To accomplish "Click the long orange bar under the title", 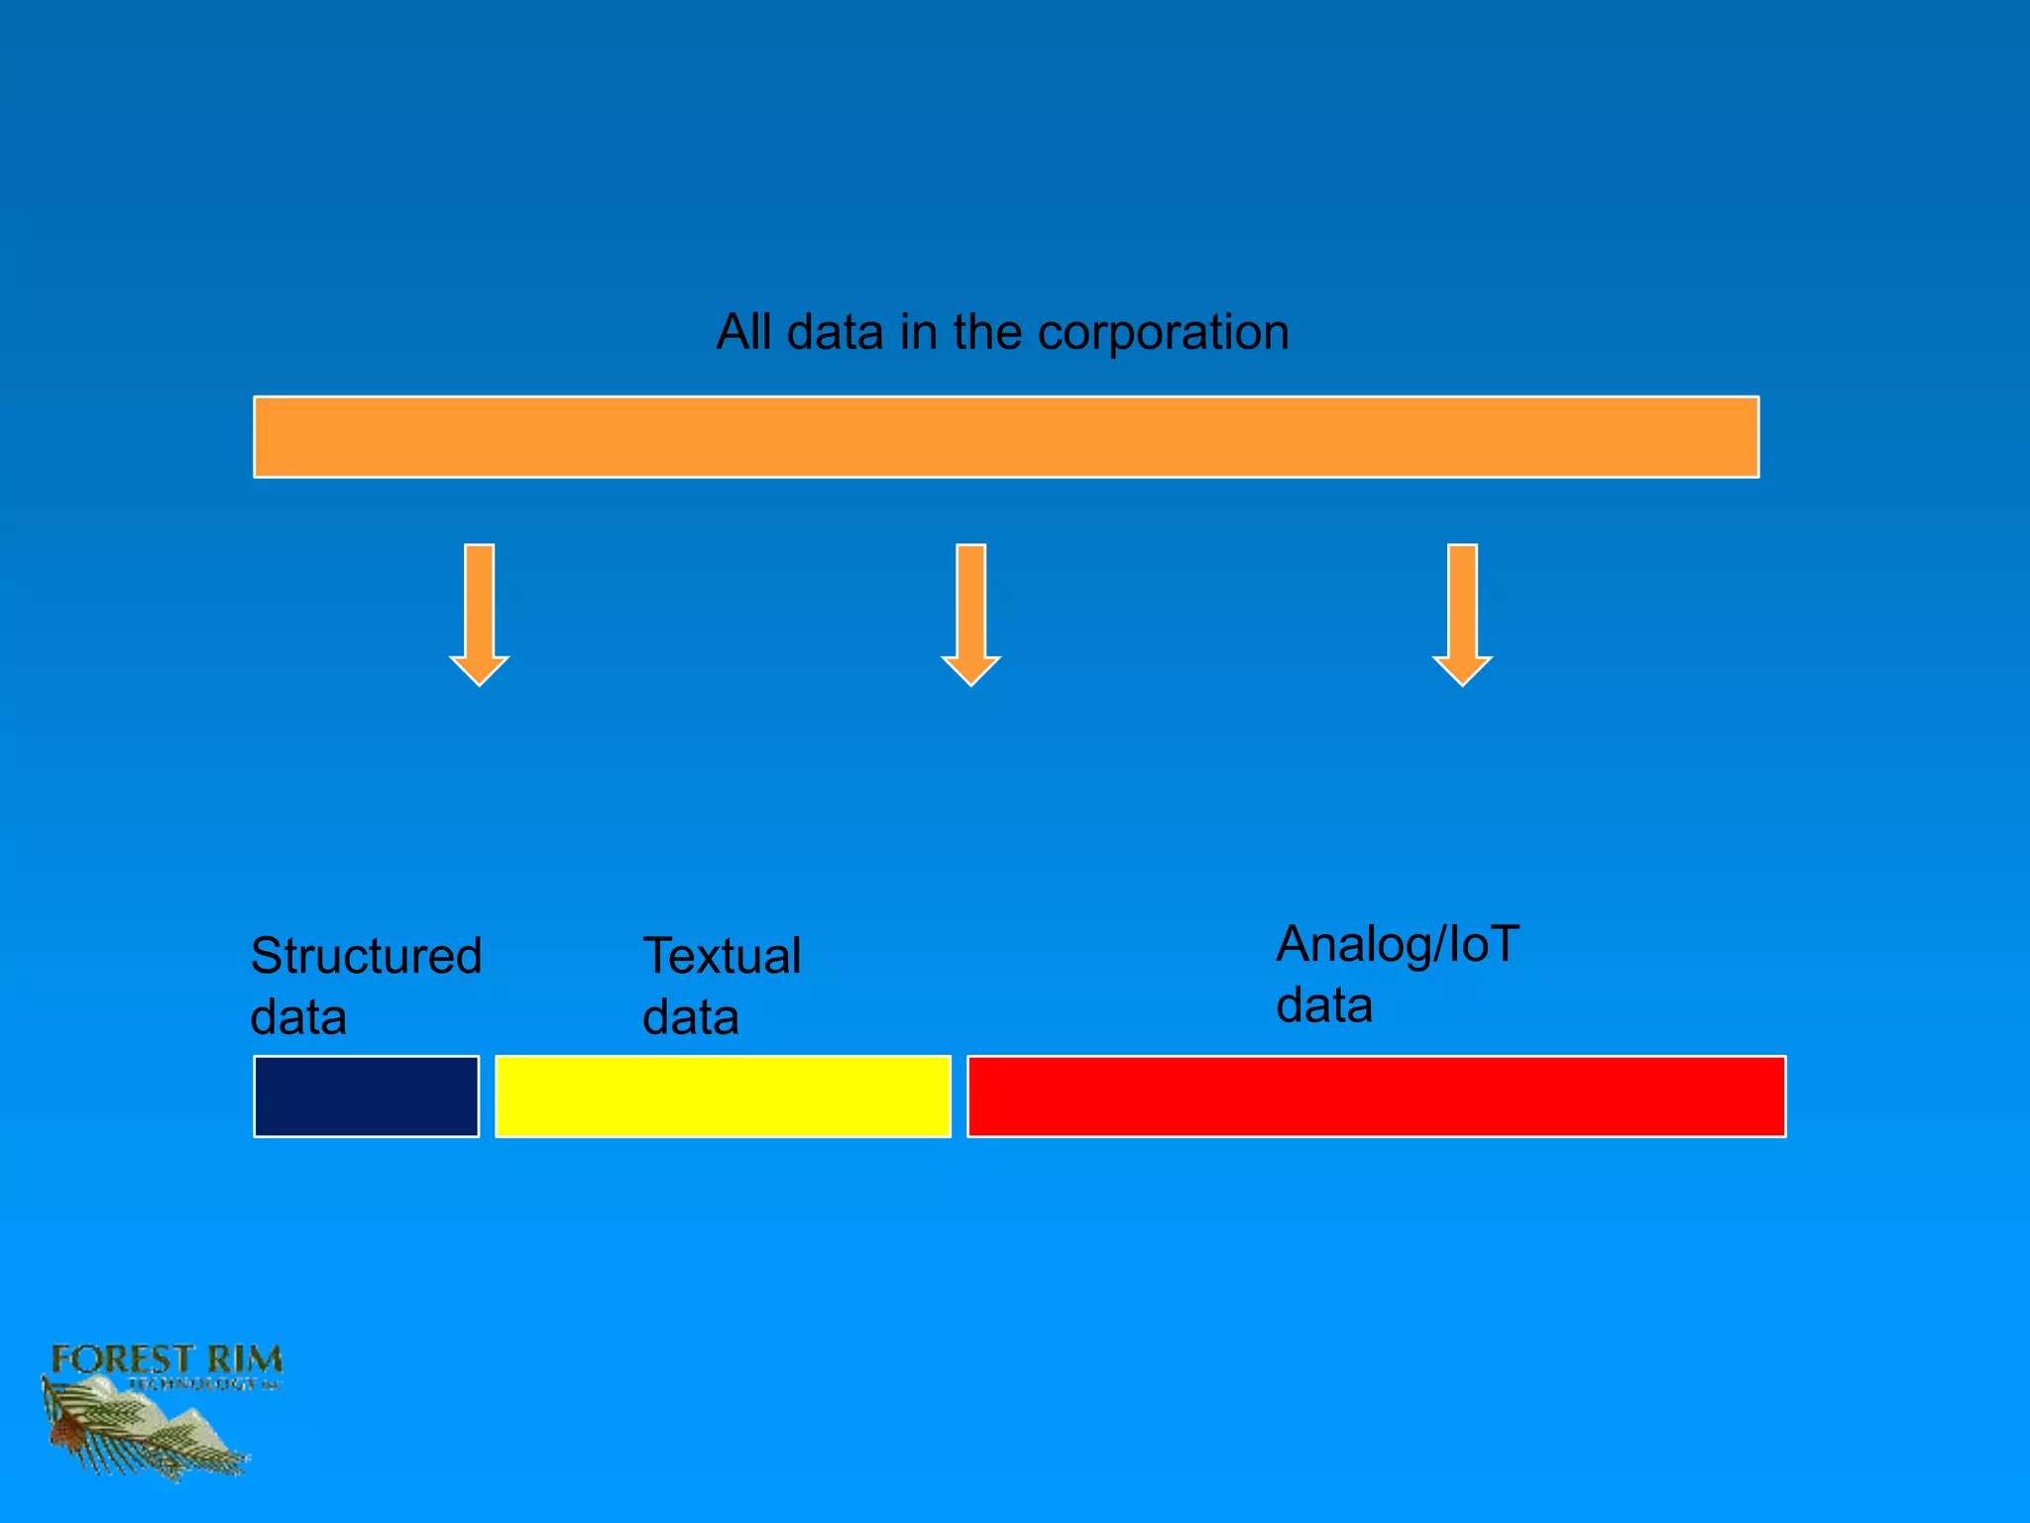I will click(x=1006, y=436).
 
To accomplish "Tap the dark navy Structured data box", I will click(x=366, y=1096).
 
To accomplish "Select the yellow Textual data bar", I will click(x=723, y=1096).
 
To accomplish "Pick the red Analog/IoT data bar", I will click(x=1376, y=1096).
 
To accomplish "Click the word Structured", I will click(x=366, y=956).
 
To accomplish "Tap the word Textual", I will click(x=722, y=956).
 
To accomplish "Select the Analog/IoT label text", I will click(x=1397, y=943).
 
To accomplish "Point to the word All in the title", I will click(x=743, y=332).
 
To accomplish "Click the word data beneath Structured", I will click(x=298, y=1017).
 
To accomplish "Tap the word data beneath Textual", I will click(x=691, y=1017).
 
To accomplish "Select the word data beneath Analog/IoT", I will click(x=1324, y=1004).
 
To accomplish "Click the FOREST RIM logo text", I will click(x=167, y=1359).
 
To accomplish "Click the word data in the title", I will click(x=835, y=332).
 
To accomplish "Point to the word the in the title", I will click(x=987, y=332).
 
